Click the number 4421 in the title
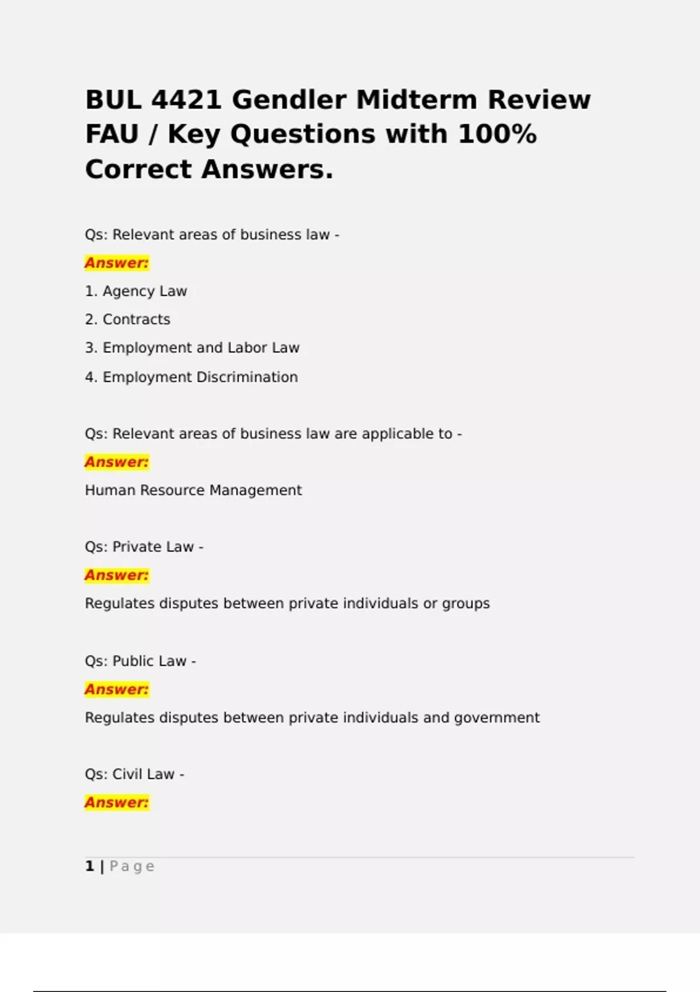186,100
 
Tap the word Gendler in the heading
289,100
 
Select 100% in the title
497,134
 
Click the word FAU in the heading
111,134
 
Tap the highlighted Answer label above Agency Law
117,263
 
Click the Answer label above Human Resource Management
117,462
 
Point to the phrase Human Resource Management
193,490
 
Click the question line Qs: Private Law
143,547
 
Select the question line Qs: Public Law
140,661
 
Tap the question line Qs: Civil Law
134,774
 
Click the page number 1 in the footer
89,866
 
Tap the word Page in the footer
132,867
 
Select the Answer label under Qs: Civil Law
117,803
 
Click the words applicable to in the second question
407,434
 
